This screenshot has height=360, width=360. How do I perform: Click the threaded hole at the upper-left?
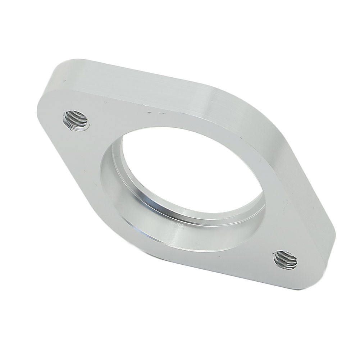pos(76,120)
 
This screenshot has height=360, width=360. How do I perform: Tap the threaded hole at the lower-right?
pos(286,260)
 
